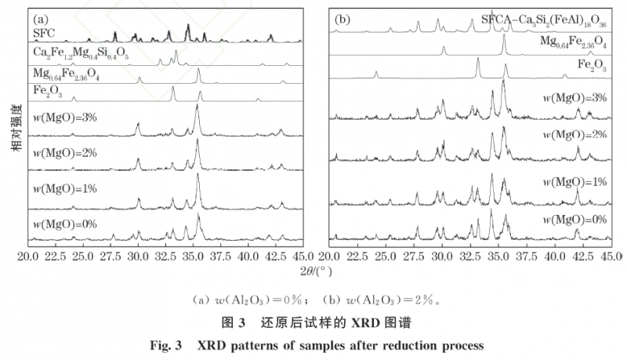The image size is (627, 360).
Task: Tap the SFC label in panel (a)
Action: pyautogui.click(x=44, y=32)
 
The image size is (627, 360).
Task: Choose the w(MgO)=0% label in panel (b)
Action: pyautogui.click(x=574, y=219)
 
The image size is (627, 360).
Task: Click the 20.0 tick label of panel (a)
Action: pyautogui.click(x=28, y=256)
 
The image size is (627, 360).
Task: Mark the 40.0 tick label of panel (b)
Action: pyautogui.click(x=555, y=256)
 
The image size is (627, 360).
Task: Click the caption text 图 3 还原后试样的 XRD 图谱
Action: pyautogui.click(x=313, y=322)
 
